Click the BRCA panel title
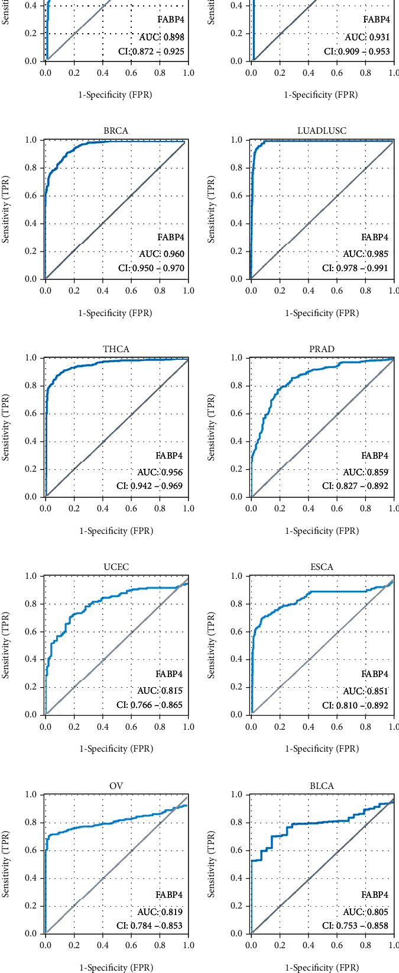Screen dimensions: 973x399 point(116,131)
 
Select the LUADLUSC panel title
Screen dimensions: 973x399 point(322,131)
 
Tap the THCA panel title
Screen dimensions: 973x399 point(116,349)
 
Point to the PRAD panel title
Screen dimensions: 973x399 point(322,349)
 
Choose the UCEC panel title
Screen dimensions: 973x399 point(116,567)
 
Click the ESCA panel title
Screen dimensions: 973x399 point(322,567)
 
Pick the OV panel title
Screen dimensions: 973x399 point(116,786)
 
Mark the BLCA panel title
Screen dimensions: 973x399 point(322,786)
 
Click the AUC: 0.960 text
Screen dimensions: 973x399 point(161,254)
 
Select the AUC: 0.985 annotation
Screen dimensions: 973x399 point(366,254)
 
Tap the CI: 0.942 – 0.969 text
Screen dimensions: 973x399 point(149,486)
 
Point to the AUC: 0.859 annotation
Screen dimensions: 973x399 point(366,473)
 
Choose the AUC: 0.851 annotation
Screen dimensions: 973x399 point(366,691)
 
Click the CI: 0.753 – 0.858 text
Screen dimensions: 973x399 point(355,926)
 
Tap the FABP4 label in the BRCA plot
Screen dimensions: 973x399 point(170,238)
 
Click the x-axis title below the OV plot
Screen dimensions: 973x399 point(116,968)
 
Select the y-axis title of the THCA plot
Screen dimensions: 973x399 point(7,427)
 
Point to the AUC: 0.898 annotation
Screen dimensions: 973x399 point(161,37)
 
